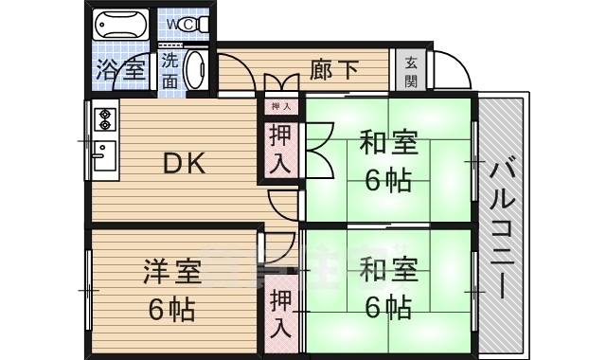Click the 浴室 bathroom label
pyautogui.click(x=120, y=69)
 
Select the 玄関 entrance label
pyautogui.click(x=412, y=71)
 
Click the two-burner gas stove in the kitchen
pyautogui.click(x=104, y=120)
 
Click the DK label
pyautogui.click(x=186, y=164)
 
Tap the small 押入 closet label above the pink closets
pyautogui.click(x=281, y=107)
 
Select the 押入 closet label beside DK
pyautogui.click(x=281, y=150)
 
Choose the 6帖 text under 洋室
pyautogui.click(x=171, y=308)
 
